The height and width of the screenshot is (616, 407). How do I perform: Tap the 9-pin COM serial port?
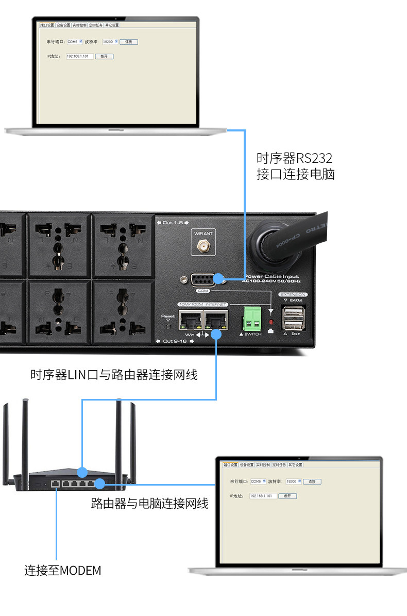(x=203, y=280)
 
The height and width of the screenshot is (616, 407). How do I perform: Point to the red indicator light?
(x=271, y=322)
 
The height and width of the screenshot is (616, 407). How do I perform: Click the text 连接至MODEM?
(x=63, y=571)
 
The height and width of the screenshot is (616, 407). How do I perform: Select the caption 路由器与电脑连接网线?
(x=149, y=503)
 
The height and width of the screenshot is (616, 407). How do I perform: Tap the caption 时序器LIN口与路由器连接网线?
(x=114, y=375)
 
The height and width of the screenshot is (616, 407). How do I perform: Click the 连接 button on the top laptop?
(x=129, y=41)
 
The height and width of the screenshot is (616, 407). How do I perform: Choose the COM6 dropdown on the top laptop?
(x=75, y=41)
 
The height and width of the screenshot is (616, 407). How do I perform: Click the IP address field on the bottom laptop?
(x=263, y=495)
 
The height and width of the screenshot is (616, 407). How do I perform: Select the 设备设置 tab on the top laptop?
(x=63, y=25)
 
